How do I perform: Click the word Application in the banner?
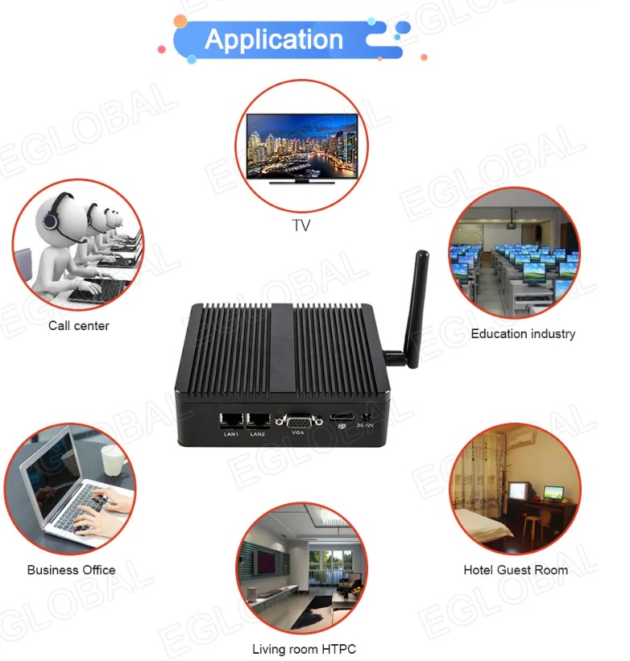[274, 39]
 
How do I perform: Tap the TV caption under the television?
[300, 226]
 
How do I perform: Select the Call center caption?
[78, 326]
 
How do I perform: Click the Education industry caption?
[523, 333]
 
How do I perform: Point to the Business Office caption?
[71, 570]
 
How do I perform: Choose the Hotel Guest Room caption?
[516, 570]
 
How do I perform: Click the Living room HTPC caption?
[304, 649]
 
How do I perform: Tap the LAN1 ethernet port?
[231, 420]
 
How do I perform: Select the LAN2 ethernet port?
[259, 420]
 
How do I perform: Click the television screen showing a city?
[301, 145]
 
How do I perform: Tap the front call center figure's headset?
[51, 217]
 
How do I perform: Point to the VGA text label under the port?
[298, 435]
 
